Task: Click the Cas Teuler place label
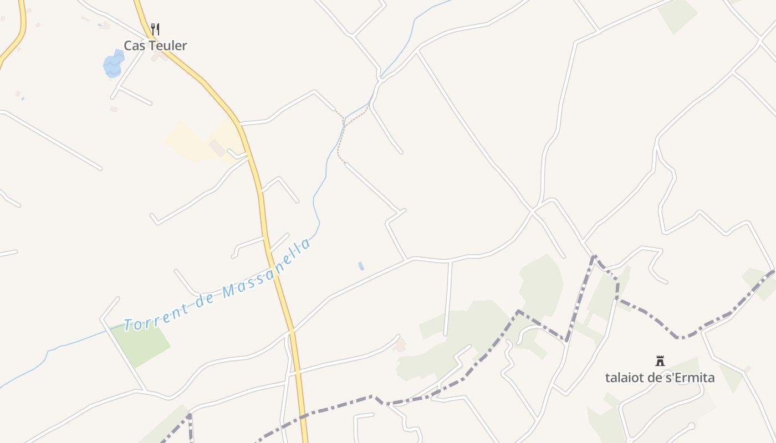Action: [x=155, y=45]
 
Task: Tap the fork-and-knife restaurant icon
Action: [x=155, y=29]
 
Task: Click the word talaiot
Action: [x=624, y=378]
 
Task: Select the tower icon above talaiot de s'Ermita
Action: [x=660, y=361]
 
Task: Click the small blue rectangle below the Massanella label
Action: [x=361, y=266]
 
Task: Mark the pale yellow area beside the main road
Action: [x=191, y=143]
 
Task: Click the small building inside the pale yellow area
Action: [x=217, y=148]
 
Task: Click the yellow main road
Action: [x=265, y=221]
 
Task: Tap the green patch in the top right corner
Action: [x=677, y=15]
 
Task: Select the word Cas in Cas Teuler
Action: [x=132, y=45]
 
